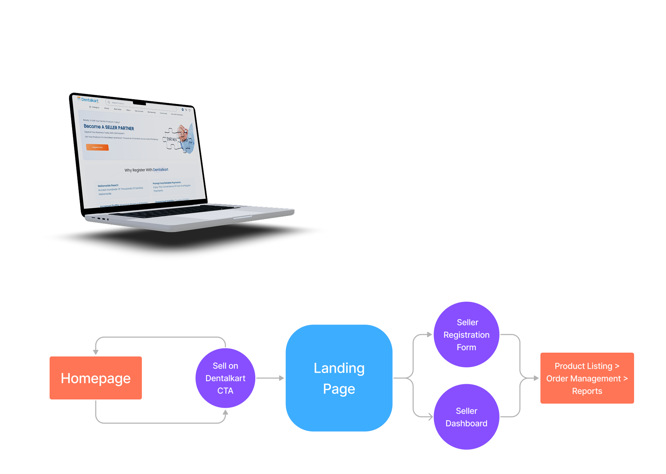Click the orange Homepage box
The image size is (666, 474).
tap(96, 378)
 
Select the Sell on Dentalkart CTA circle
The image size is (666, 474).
tap(225, 378)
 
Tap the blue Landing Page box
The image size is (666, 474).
tap(339, 378)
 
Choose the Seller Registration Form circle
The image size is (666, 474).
tap(467, 335)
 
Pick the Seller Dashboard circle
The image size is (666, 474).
tap(467, 417)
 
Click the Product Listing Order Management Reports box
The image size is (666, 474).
tap(587, 378)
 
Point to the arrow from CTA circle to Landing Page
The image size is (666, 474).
tap(270, 378)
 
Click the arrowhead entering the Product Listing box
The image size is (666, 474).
tap(536, 378)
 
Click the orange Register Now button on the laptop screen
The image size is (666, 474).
tap(97, 147)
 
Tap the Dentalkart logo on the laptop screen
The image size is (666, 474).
tap(88, 100)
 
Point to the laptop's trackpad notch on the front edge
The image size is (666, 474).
tap(242, 218)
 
